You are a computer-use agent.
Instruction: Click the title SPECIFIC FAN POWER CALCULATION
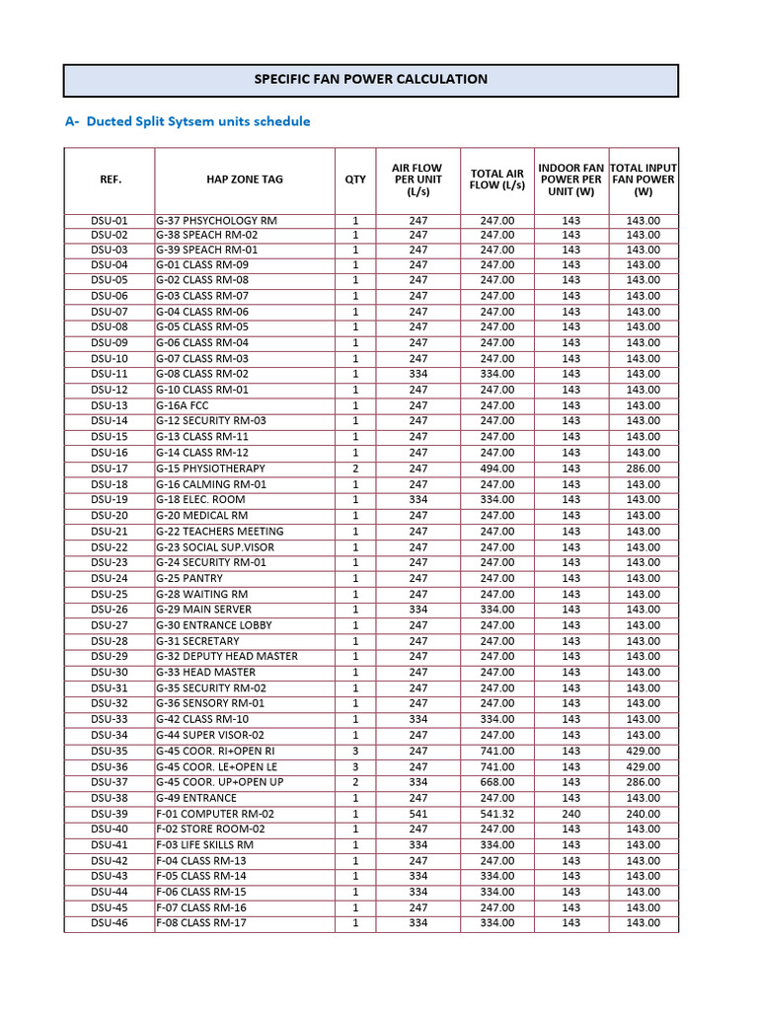point(371,79)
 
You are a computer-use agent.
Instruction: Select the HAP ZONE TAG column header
point(244,180)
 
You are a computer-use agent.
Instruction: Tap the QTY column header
point(355,180)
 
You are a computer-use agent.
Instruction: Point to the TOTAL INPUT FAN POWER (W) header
point(644,180)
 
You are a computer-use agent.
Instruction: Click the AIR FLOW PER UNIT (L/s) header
point(417,180)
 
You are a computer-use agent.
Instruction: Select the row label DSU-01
point(109,220)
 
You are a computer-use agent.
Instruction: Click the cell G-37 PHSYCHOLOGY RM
point(216,220)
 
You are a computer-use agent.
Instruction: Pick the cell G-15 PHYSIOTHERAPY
point(210,469)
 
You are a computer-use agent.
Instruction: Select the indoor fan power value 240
point(570,814)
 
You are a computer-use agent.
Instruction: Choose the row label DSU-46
point(109,923)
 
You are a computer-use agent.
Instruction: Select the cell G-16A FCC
point(185,405)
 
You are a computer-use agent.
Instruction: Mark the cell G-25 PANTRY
point(189,578)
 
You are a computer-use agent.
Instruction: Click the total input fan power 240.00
point(643,814)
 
